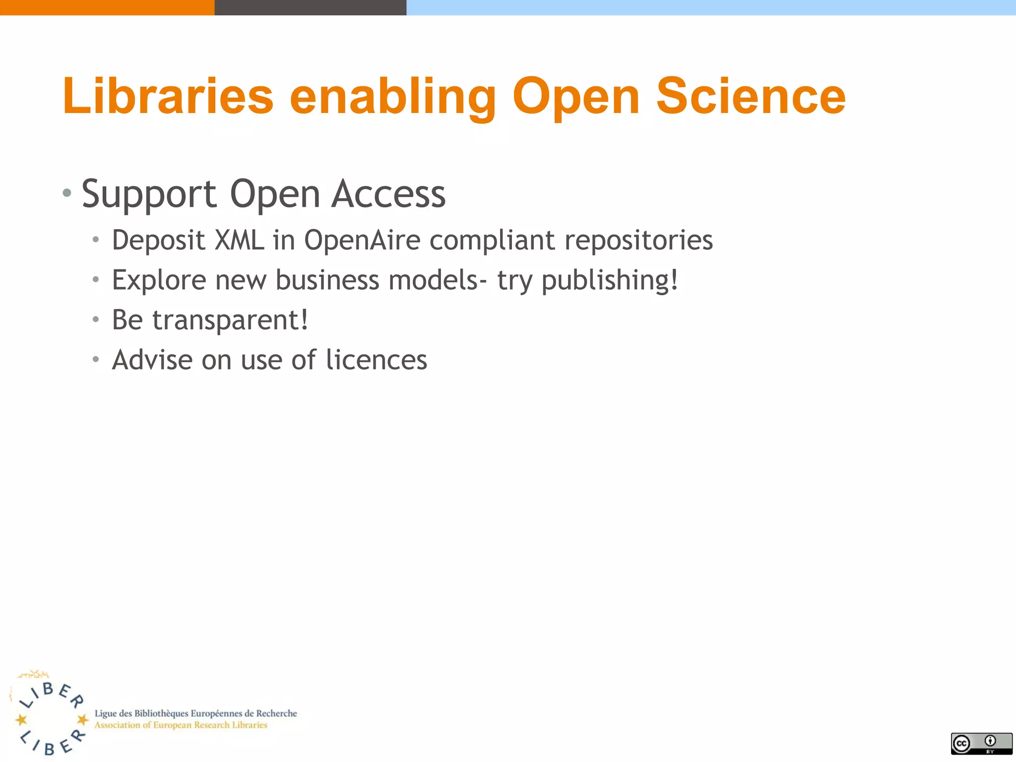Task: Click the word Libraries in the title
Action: (x=168, y=96)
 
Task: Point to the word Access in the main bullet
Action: (x=388, y=194)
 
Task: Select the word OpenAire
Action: (x=362, y=241)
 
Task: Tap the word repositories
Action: (x=638, y=241)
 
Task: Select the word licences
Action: (x=377, y=360)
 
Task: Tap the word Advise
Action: (x=152, y=360)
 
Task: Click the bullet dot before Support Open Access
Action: (x=67, y=193)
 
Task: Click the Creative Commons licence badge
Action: (x=981, y=743)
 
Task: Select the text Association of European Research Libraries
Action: (x=181, y=725)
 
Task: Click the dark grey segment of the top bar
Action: (x=310, y=7)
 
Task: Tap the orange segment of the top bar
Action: (x=107, y=7)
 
